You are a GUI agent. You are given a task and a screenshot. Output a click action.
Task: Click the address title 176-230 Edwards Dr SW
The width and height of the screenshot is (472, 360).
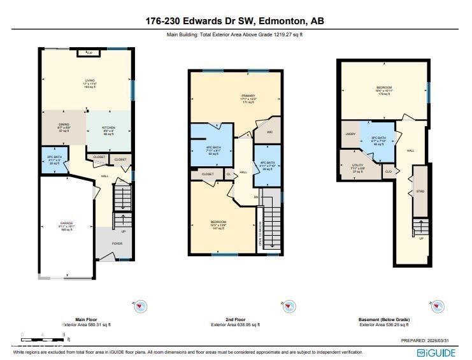tap(235, 21)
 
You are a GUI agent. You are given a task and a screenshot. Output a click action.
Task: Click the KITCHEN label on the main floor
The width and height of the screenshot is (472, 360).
tap(108, 130)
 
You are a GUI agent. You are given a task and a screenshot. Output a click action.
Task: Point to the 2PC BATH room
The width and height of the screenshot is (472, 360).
tap(54, 159)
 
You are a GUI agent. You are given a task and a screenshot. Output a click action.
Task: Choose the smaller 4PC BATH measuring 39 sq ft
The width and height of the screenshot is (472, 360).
tap(267, 166)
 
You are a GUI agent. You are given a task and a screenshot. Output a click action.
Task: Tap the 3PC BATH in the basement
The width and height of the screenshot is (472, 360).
tap(378, 140)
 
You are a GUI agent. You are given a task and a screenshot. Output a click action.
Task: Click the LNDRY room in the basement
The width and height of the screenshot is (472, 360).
tap(350, 134)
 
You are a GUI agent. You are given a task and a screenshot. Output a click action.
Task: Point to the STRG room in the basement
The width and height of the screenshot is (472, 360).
tap(420, 191)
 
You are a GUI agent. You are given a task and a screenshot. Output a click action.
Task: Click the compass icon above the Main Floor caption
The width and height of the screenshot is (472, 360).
tap(140, 306)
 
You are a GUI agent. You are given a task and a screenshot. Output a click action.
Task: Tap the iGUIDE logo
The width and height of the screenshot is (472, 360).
tap(437, 352)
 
